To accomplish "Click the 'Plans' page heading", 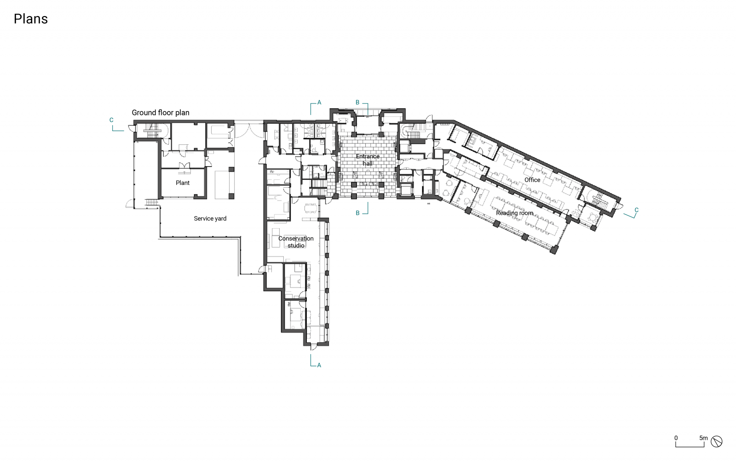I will point(31,19).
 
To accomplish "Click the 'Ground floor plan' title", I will point(161,113).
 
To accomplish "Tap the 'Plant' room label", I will point(182,183).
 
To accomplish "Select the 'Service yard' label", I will point(210,219).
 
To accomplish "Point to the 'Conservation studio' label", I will point(296,242).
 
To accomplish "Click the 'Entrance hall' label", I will point(368,160).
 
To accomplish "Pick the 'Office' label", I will point(532,180).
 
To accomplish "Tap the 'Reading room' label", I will point(514,213).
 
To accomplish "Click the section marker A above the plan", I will point(319,103).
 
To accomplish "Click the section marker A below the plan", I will point(319,365).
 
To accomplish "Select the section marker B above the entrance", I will point(357,103).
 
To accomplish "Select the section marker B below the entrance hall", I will point(357,213).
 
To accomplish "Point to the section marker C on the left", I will point(111,120).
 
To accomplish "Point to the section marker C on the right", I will point(636,210).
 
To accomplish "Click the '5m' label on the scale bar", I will point(703,438).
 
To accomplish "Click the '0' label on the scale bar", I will point(676,438).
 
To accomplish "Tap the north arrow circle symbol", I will point(716,442).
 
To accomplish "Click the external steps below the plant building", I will point(151,202).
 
